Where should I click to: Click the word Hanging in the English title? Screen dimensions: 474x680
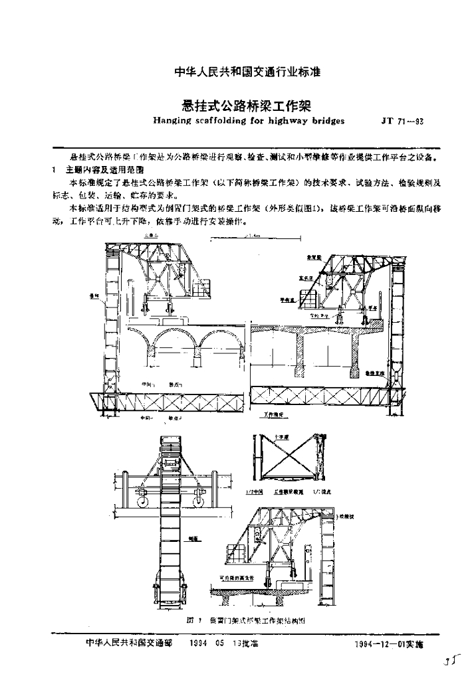[x=172, y=122]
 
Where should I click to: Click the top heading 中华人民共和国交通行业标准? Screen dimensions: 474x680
[x=237, y=72]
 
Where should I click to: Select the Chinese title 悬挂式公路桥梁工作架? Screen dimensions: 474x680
[x=237, y=105]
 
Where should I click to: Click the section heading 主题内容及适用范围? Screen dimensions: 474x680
[x=100, y=171]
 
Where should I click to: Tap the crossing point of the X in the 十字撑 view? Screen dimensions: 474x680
[x=286, y=458]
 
